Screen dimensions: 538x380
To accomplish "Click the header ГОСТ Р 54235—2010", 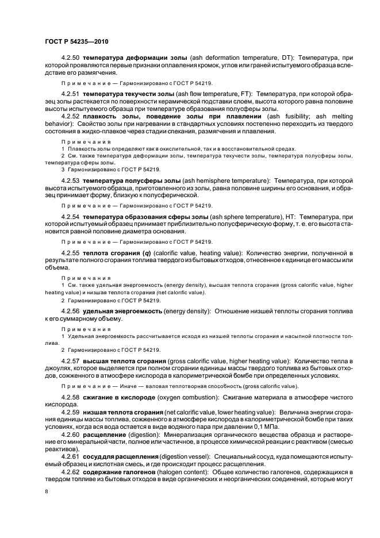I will tap(76, 42).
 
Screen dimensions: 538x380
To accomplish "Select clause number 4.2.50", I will tap(71, 59).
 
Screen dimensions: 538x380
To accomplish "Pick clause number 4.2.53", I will tap(71, 180).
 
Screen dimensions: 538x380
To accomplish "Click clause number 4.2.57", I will tap(71, 360).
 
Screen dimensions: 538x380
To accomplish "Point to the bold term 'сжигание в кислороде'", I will tap(120, 398).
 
